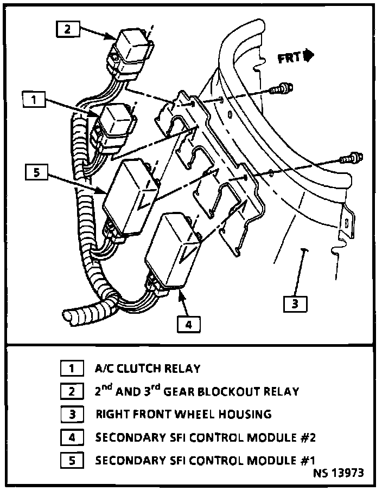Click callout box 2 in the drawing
pos(67,29)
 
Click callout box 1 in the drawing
pos(35,100)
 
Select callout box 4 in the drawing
pos(188,324)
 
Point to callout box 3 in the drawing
pos(295,303)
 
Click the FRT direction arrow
pos(296,56)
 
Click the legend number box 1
pos(71,369)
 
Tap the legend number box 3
pos(71,415)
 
